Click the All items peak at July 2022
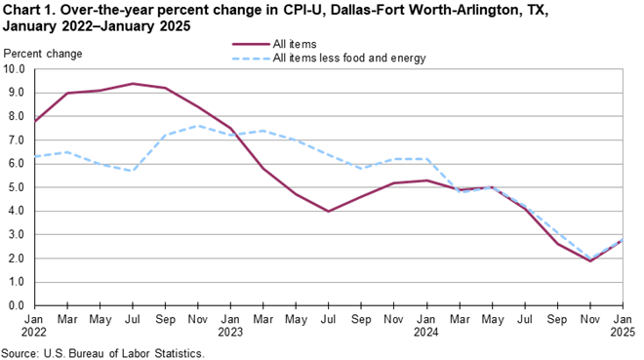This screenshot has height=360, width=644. click(x=133, y=84)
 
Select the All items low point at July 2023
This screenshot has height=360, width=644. click(x=328, y=211)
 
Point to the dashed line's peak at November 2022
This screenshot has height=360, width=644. click(x=198, y=126)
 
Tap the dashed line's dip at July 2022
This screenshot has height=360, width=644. click(x=133, y=171)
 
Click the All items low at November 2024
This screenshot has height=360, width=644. click(x=590, y=260)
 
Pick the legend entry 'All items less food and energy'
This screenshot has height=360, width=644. click(x=329, y=59)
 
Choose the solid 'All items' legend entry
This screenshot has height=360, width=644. click(x=274, y=44)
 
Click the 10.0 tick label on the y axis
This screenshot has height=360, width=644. click(x=14, y=69)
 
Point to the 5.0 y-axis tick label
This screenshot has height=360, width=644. click(x=17, y=187)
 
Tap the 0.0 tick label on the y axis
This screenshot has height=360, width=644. click(x=17, y=305)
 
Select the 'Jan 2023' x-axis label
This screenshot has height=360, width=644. click(x=230, y=325)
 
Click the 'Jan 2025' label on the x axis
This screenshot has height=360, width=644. click(x=624, y=325)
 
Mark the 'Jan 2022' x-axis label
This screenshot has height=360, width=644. click(x=34, y=325)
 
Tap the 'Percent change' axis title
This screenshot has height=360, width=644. click(x=43, y=54)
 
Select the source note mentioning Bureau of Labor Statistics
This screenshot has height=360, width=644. click(x=102, y=353)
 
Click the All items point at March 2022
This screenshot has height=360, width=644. click(x=67, y=94)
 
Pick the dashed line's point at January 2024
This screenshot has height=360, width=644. click(x=427, y=159)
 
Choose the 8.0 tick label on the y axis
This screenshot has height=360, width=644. click(x=17, y=116)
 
